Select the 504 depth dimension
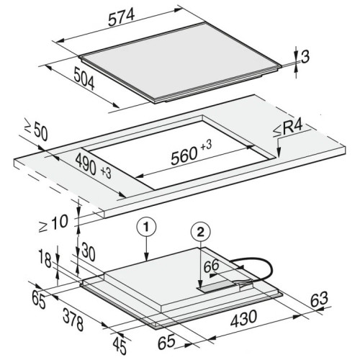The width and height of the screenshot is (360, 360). (84, 78)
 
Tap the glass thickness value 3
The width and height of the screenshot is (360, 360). (305, 58)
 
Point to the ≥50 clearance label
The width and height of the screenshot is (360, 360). (37, 131)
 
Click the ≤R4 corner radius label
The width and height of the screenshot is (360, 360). (288, 130)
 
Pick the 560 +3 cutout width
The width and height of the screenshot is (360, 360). (191, 152)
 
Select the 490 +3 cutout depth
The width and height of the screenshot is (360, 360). (93, 166)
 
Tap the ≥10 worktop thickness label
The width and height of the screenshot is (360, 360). (53, 223)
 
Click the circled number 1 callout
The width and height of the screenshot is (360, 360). (146, 227)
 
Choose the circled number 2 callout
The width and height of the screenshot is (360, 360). (200, 233)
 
